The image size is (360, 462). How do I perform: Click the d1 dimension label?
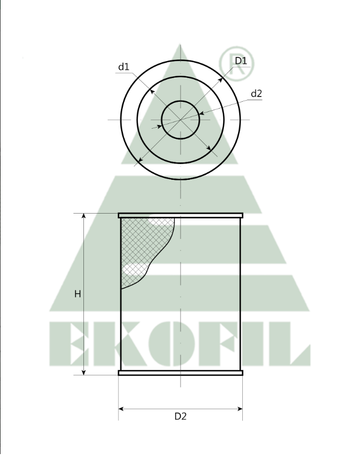coord(124,67)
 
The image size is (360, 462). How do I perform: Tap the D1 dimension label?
coord(241,61)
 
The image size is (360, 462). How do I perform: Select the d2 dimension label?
coord(257,94)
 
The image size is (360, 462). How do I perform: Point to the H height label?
coord(78,294)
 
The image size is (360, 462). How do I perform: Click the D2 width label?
coord(181,416)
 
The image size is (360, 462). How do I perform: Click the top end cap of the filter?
coord(181,215)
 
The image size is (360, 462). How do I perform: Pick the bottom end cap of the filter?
coord(181,372)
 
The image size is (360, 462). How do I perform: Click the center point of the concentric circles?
coord(181,120)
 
